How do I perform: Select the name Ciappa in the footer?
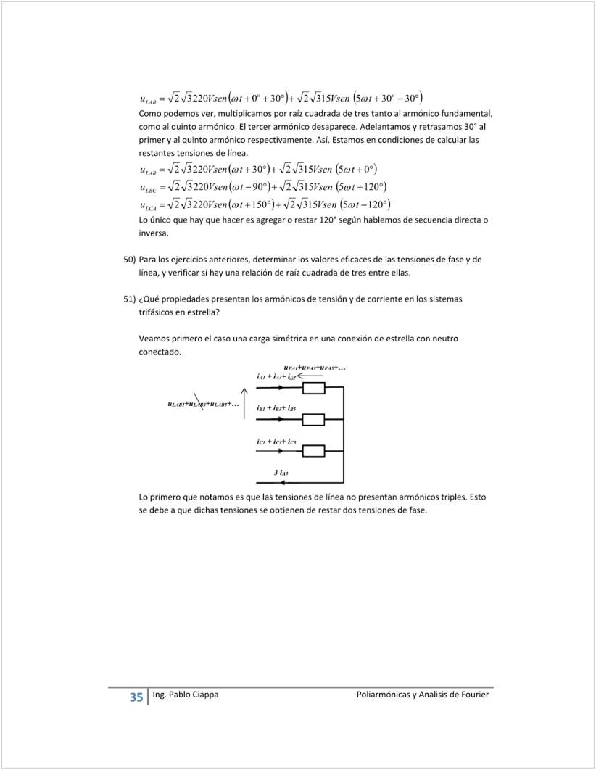[204, 695]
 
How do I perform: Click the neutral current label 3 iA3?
[282, 472]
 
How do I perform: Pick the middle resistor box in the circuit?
[313, 419]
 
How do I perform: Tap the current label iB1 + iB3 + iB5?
[276, 409]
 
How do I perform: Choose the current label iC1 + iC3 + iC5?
[276, 442]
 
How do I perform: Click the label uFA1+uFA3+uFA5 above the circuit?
[314, 368]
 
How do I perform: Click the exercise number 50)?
[128, 259]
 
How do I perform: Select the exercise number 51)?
[128, 299]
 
